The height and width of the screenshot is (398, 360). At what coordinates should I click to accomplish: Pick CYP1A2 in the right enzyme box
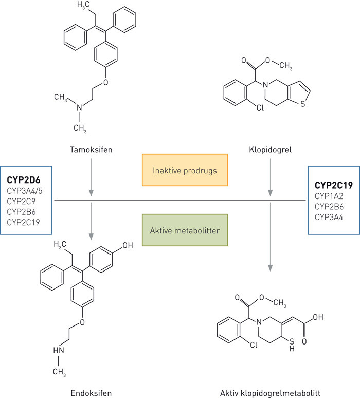[330, 195]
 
